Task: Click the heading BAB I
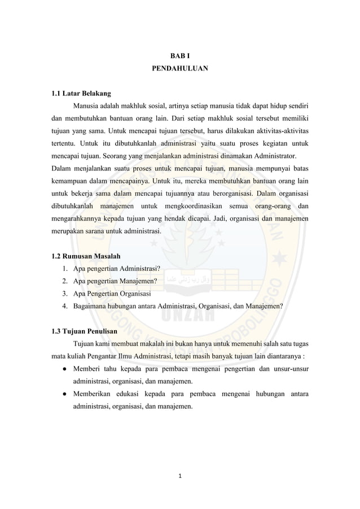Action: coord(179,56)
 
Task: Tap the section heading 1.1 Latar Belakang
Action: coord(78,93)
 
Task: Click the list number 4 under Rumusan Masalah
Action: coord(65,306)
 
